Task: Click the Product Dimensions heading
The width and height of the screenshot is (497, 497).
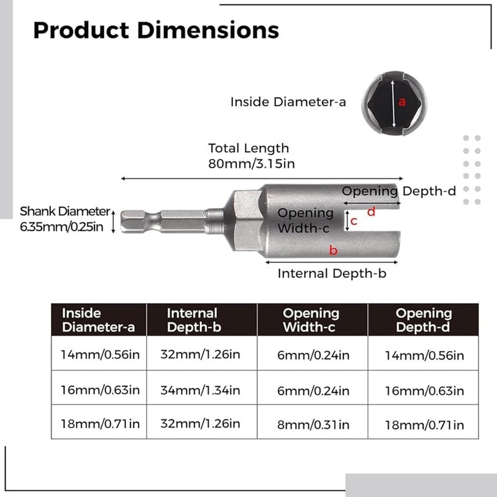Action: pyautogui.click(x=156, y=30)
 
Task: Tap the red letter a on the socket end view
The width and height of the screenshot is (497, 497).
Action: pyautogui.click(x=402, y=102)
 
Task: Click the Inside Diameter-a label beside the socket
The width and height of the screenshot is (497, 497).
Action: pyautogui.click(x=288, y=102)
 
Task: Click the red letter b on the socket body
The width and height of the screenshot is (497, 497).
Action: pyautogui.click(x=334, y=250)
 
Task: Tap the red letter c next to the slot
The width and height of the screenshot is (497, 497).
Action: pyautogui.click(x=353, y=221)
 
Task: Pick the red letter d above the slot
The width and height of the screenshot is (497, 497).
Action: pyautogui.click(x=371, y=212)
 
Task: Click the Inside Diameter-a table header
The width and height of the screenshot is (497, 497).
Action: pyautogui.click(x=99, y=320)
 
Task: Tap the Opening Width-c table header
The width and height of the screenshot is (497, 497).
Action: pyautogui.click(x=311, y=320)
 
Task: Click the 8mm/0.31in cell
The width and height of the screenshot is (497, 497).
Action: pyautogui.click(x=312, y=424)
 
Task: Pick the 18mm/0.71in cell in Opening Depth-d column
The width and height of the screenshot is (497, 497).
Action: pyautogui.click(x=424, y=424)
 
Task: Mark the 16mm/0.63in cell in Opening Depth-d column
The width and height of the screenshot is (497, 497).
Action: pyautogui.click(x=424, y=390)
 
